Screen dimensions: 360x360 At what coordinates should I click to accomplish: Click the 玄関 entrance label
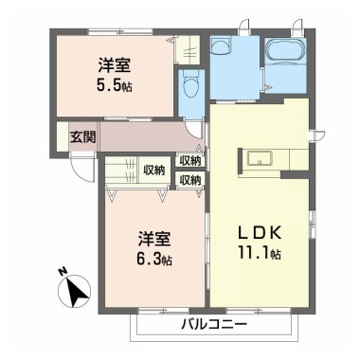81,137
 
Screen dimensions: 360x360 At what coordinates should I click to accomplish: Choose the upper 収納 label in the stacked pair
189,161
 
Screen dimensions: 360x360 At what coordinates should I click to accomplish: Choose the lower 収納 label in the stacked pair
189,179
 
